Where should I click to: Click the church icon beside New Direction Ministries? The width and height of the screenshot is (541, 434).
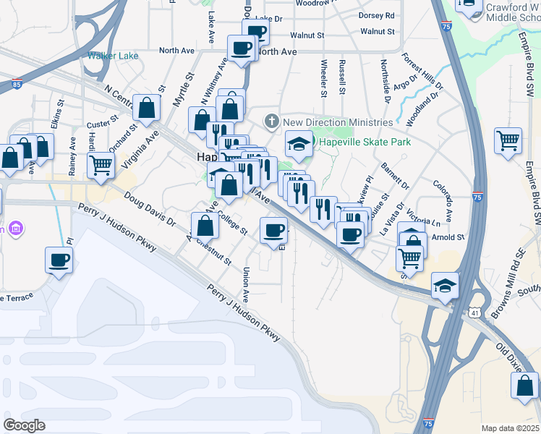click(272, 121)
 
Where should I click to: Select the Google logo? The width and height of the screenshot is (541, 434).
click(24, 425)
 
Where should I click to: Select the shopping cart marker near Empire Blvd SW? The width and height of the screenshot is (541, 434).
click(508, 140)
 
